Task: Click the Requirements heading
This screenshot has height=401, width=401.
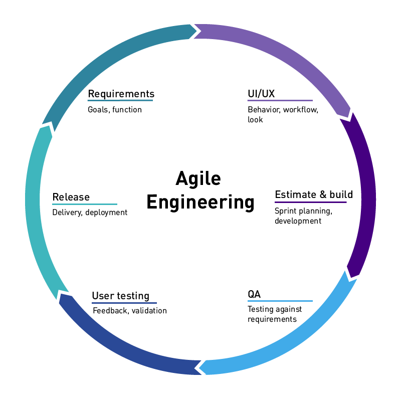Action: click(x=121, y=94)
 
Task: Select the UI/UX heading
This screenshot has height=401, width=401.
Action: click(x=261, y=94)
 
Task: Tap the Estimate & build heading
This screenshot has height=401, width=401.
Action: click(x=314, y=194)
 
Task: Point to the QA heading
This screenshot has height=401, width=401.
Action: click(x=254, y=294)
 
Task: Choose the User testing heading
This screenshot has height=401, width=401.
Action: click(x=120, y=296)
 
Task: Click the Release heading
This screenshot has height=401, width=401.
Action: click(x=71, y=197)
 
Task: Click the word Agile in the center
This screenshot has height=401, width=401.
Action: click(x=198, y=178)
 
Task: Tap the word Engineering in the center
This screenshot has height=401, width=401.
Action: click(x=200, y=203)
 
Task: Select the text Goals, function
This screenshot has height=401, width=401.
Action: click(x=115, y=109)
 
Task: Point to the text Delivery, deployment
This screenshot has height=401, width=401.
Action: click(x=90, y=213)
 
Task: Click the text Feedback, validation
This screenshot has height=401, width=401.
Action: click(x=130, y=311)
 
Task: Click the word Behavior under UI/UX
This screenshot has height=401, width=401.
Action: click(x=264, y=109)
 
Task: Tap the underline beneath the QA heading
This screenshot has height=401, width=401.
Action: click(x=280, y=301)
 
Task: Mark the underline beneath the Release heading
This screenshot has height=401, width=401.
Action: click(x=84, y=205)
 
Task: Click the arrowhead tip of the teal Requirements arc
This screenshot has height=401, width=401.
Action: click(x=197, y=31)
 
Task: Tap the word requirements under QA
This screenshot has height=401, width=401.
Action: click(x=272, y=319)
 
